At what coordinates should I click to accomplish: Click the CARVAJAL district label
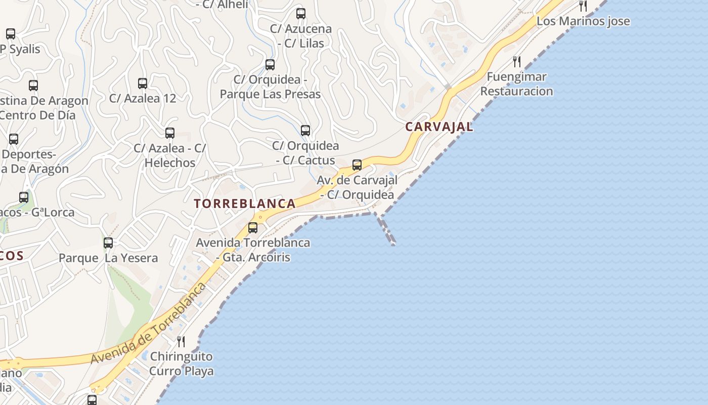tap(439, 127)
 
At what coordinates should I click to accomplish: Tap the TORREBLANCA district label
tap(245, 204)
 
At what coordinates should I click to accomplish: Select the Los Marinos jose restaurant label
tap(583, 21)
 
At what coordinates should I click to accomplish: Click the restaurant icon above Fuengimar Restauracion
tap(517, 62)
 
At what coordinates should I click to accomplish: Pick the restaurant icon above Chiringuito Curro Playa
tap(181, 342)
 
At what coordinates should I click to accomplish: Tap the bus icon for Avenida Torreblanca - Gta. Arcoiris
tap(253, 228)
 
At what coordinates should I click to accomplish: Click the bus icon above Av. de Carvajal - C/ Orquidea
tap(357, 165)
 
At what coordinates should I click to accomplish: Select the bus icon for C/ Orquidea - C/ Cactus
tap(305, 131)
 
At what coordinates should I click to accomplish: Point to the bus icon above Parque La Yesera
tap(108, 243)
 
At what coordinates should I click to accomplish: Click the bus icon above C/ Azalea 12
tap(143, 84)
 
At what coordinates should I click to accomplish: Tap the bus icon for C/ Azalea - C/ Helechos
tap(170, 133)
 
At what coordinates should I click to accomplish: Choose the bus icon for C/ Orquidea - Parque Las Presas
tap(270, 65)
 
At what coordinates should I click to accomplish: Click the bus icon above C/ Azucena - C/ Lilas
tap(301, 14)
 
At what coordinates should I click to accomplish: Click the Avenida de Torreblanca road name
tap(149, 323)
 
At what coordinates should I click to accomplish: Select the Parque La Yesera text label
tap(108, 258)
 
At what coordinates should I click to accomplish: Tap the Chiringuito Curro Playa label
tap(182, 363)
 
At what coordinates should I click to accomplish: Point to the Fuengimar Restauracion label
tap(516, 84)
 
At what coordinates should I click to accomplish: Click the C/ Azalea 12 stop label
tap(143, 98)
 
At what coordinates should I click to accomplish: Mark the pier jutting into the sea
tap(385, 230)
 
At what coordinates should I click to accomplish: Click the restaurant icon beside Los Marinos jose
tap(583, 6)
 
